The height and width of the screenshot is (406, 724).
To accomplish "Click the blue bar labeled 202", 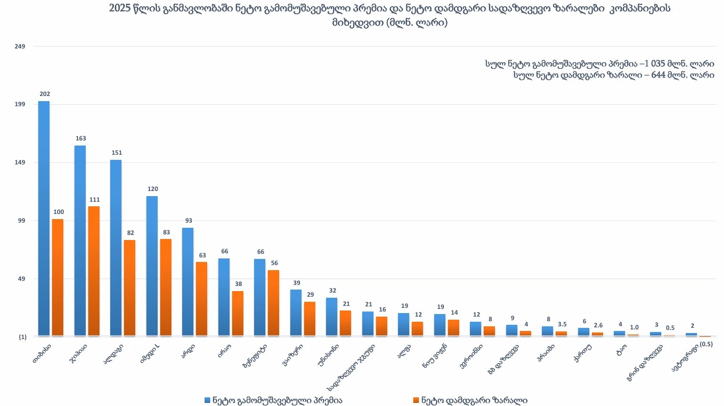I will pyautogui.click(x=44, y=219).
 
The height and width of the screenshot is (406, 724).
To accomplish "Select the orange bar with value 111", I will pyautogui.click(x=94, y=271).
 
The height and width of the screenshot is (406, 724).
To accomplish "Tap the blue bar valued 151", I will pyautogui.click(x=116, y=248).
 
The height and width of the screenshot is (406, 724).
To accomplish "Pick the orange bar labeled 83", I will pyautogui.click(x=166, y=288).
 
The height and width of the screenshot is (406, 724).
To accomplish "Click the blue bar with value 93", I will pyautogui.click(x=188, y=282).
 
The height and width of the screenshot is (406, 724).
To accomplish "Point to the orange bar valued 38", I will pyautogui.click(x=238, y=314).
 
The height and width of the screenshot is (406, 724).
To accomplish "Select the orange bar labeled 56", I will pyautogui.click(x=273, y=303).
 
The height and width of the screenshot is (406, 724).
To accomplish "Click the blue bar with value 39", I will pyautogui.click(x=296, y=313).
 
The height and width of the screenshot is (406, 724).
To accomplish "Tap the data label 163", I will pyautogui.click(x=81, y=138).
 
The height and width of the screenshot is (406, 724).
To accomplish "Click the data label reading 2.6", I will pyautogui.click(x=598, y=325).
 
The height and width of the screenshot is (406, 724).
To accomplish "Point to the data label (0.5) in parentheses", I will pyautogui.click(x=706, y=344).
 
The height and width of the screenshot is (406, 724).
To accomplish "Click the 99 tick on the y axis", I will pyautogui.click(x=21, y=221).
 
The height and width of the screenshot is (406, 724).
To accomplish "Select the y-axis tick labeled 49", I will pyautogui.click(x=21, y=279).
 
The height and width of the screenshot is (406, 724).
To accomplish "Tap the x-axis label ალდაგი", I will pyautogui.click(x=113, y=353).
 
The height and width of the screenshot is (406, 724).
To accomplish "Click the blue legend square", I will pyautogui.click(x=207, y=400).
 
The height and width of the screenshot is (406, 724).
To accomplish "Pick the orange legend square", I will pyautogui.click(x=416, y=400).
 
